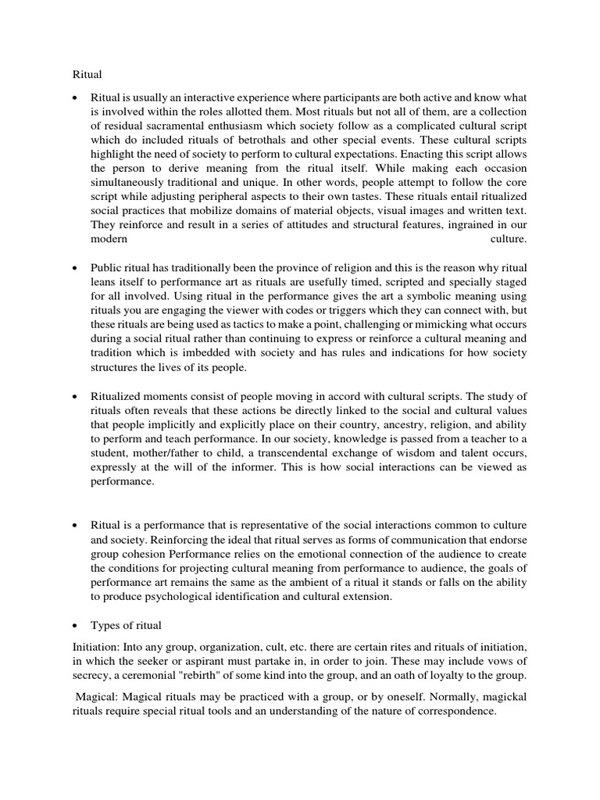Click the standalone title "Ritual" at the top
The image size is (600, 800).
77,74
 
